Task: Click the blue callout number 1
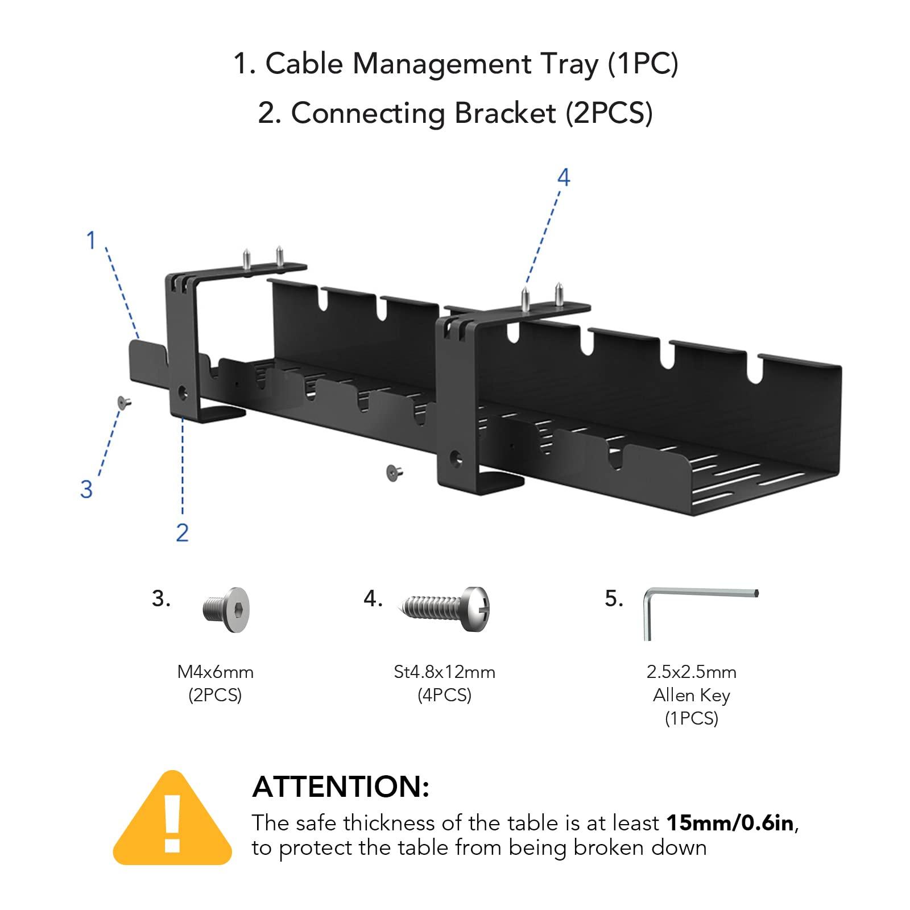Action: [x=90, y=240]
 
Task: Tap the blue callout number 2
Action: [x=182, y=533]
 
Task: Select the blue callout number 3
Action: [x=86, y=489]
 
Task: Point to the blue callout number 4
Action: [x=563, y=177]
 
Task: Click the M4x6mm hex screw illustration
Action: [x=227, y=610]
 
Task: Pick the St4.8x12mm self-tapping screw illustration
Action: [x=446, y=609]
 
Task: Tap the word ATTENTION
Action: [x=340, y=787]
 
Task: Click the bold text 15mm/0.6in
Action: [x=730, y=823]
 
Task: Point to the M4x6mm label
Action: [x=215, y=672]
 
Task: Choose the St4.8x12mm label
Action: [x=444, y=672]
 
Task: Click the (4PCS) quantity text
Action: [x=444, y=695]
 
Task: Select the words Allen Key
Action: [x=691, y=695]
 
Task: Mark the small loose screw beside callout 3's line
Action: [x=123, y=402]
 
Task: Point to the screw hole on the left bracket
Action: [x=183, y=391]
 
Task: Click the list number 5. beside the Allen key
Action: [x=614, y=599]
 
